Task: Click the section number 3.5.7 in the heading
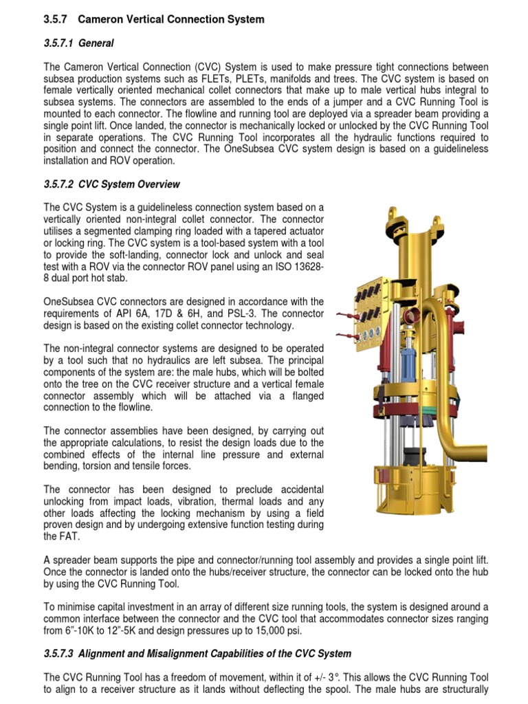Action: click(54, 19)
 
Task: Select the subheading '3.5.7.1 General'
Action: click(78, 43)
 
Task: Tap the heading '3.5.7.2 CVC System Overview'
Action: click(112, 184)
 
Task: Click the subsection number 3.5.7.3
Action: click(63, 653)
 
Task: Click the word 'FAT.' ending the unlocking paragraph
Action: click(55, 536)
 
